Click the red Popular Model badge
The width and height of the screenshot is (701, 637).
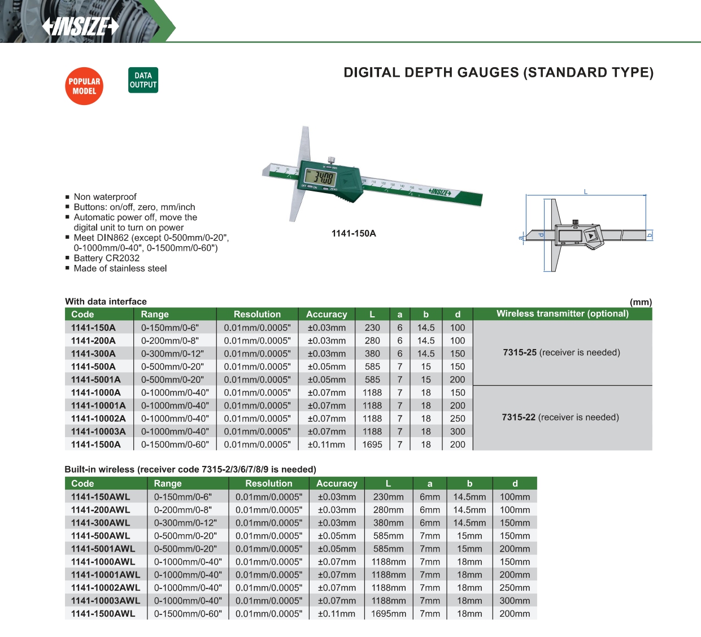tap(84, 86)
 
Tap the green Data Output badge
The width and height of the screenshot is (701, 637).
tap(143, 80)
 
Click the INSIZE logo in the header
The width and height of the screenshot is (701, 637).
tap(81, 26)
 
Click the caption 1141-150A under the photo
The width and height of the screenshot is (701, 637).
tap(354, 233)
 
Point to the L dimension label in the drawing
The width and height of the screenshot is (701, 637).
tap(586, 192)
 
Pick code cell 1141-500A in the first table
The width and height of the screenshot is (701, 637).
tap(93, 367)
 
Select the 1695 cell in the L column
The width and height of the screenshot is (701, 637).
tap(372, 444)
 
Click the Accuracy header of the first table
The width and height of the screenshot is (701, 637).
tap(326, 314)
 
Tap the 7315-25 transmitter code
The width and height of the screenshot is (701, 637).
tap(520, 352)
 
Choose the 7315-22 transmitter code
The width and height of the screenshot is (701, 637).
tap(519, 417)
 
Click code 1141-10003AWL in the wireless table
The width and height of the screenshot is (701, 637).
tap(106, 601)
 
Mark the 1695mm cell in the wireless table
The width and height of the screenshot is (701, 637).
tap(389, 614)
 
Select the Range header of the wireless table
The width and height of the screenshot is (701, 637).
tap(168, 483)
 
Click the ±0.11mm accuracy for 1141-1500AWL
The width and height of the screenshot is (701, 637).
tap(337, 614)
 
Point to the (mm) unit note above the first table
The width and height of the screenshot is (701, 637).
tap(641, 302)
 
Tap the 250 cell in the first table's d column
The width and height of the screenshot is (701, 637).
tap(458, 418)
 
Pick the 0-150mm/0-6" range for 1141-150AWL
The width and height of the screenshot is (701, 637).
tap(183, 497)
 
